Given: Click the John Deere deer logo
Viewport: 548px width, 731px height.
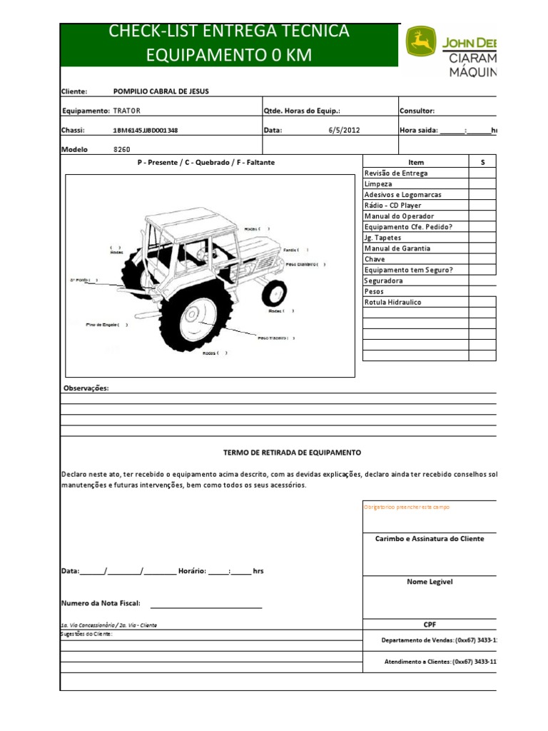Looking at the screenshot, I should (420, 42).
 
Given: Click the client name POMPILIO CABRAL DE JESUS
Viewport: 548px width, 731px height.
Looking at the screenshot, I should (161, 91).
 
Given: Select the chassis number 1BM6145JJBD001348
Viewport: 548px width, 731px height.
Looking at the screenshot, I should (146, 131).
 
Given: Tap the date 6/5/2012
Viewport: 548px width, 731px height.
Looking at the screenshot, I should (344, 131).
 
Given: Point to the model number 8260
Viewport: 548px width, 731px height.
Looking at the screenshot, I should (122, 150).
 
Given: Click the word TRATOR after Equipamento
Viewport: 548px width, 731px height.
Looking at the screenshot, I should (127, 111).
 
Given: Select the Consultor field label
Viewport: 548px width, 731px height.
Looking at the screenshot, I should (417, 111).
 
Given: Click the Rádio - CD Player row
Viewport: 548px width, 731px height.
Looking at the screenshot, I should (393, 206).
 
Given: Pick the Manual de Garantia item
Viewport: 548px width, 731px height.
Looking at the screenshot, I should (397, 248).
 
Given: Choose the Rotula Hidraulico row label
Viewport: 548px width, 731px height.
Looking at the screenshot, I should (392, 302).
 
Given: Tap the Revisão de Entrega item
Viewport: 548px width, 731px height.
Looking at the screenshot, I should (396, 173).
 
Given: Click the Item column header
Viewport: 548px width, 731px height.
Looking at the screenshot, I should (415, 163).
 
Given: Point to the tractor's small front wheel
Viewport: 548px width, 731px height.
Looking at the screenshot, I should (274, 293).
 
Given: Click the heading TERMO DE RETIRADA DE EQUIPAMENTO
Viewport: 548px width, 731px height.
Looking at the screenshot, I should (292, 453).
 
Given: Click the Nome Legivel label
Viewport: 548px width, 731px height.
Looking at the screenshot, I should (430, 582).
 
